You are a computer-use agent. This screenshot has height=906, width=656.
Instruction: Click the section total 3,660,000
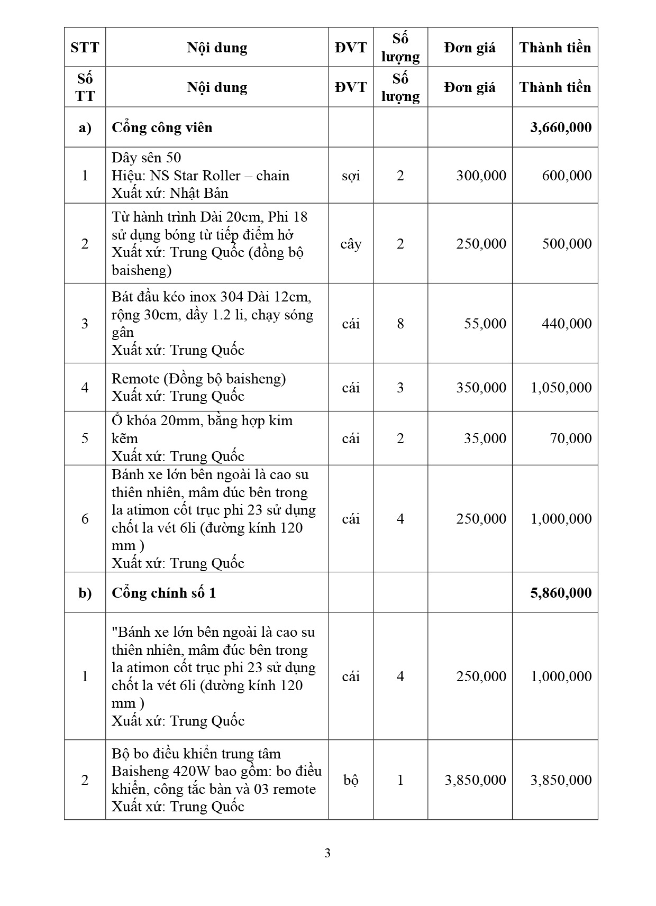click(561, 127)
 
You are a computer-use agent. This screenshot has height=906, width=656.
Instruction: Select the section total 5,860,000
click(561, 593)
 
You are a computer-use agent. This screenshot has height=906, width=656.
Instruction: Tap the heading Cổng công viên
click(162, 127)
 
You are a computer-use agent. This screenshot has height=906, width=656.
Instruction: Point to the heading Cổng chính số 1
click(163, 593)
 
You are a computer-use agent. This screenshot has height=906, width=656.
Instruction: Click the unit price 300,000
click(481, 176)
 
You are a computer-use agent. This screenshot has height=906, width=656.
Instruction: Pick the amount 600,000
click(567, 176)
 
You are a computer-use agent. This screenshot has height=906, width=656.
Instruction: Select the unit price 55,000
click(485, 323)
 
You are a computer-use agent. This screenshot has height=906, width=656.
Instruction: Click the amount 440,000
click(567, 323)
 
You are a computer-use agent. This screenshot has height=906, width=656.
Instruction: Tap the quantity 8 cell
click(400, 323)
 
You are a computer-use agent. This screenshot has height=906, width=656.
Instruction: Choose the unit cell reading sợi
click(351, 176)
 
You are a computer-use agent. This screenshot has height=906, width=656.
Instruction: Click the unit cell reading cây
click(351, 244)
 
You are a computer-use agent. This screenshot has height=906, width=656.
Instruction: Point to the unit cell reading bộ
click(351, 780)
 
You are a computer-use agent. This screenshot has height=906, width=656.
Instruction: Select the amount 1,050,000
click(561, 388)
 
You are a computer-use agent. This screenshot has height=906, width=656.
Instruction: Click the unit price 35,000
click(485, 438)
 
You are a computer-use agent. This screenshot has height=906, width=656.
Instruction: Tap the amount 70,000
click(570, 438)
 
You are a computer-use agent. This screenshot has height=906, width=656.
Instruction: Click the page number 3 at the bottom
click(327, 853)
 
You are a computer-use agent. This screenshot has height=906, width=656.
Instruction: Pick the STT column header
click(85, 48)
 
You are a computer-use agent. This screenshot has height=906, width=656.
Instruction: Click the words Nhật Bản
click(199, 193)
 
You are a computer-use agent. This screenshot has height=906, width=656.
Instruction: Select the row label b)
click(85, 593)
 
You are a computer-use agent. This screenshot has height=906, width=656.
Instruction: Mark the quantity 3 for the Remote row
click(400, 388)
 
